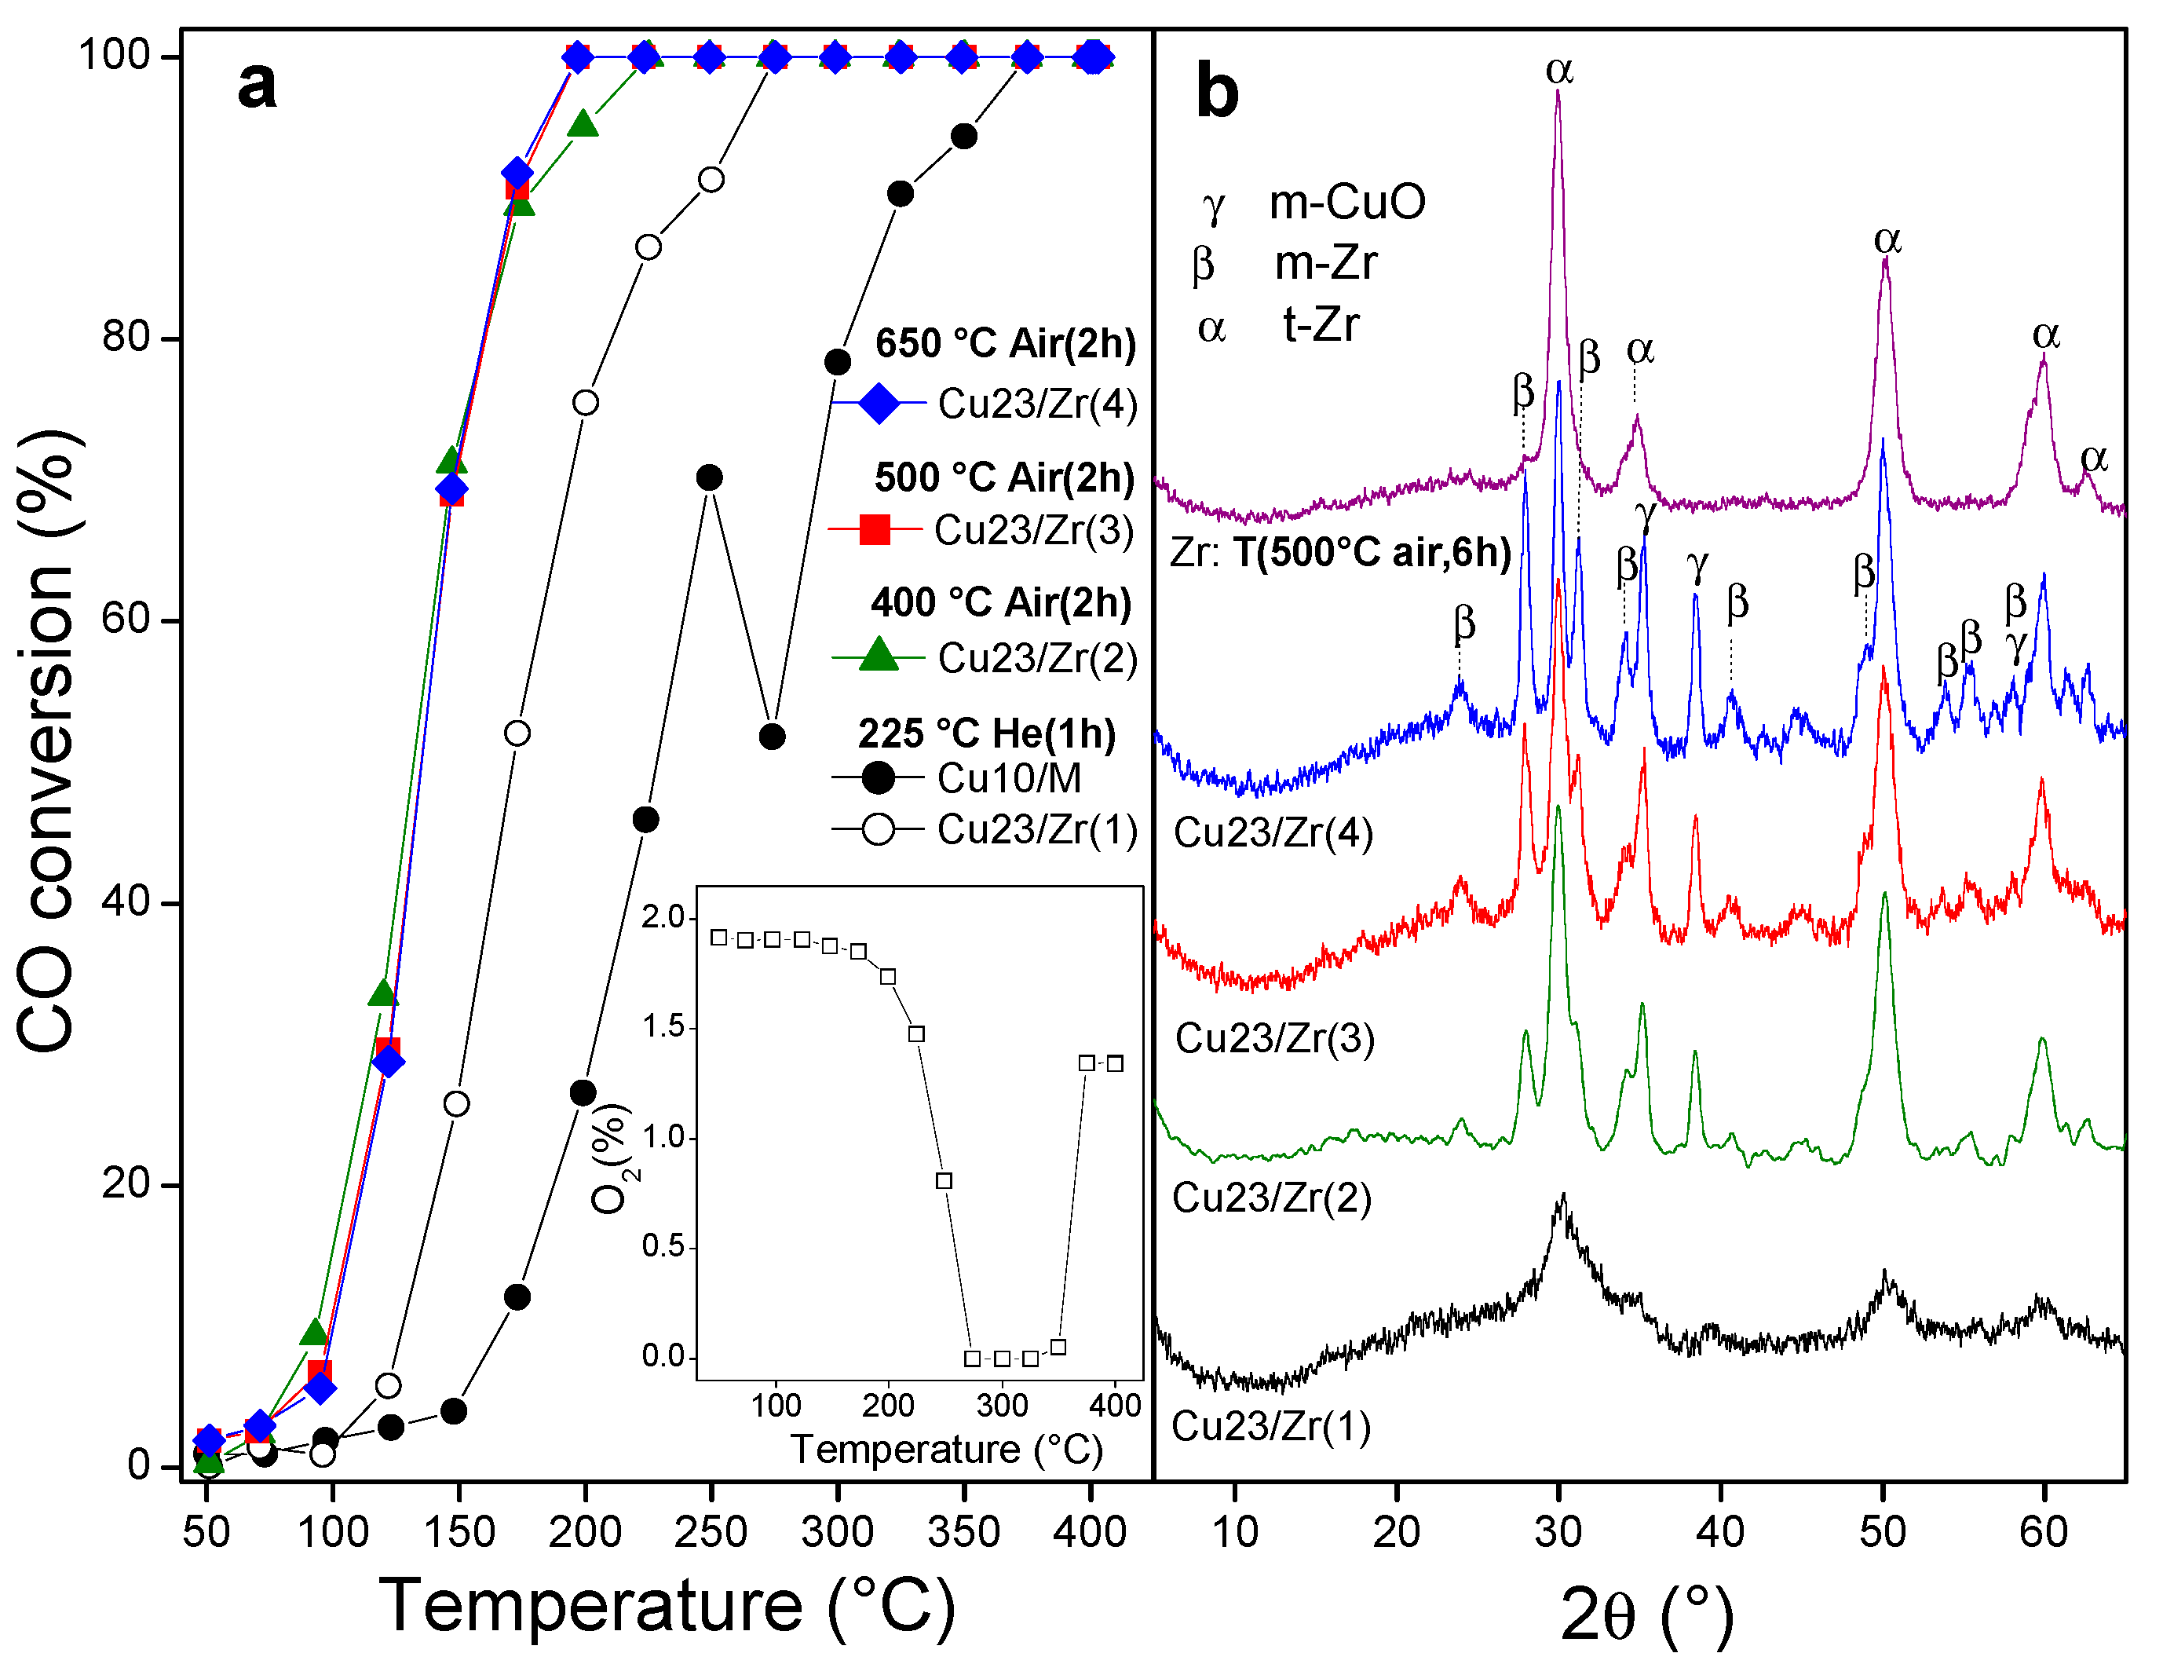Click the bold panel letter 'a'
point(257,86)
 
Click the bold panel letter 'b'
point(1217,91)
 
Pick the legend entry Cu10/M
point(1008,778)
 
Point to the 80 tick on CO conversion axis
point(126,338)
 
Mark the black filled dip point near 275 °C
point(773,737)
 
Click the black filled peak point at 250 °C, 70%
point(709,478)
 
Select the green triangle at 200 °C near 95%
point(583,125)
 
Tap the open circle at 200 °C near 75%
point(586,403)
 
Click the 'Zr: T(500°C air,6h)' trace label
point(1340,553)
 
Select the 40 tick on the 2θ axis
point(1720,1532)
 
